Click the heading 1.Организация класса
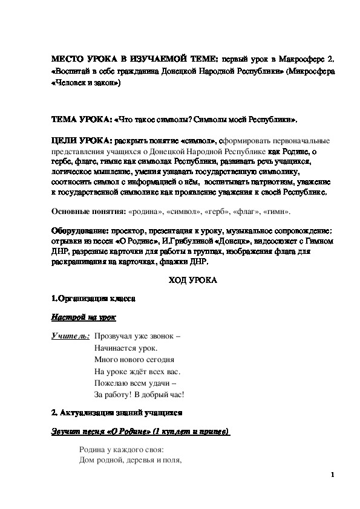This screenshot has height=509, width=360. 93,298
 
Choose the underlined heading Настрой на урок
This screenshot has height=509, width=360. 82,317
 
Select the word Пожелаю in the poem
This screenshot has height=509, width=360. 110,382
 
